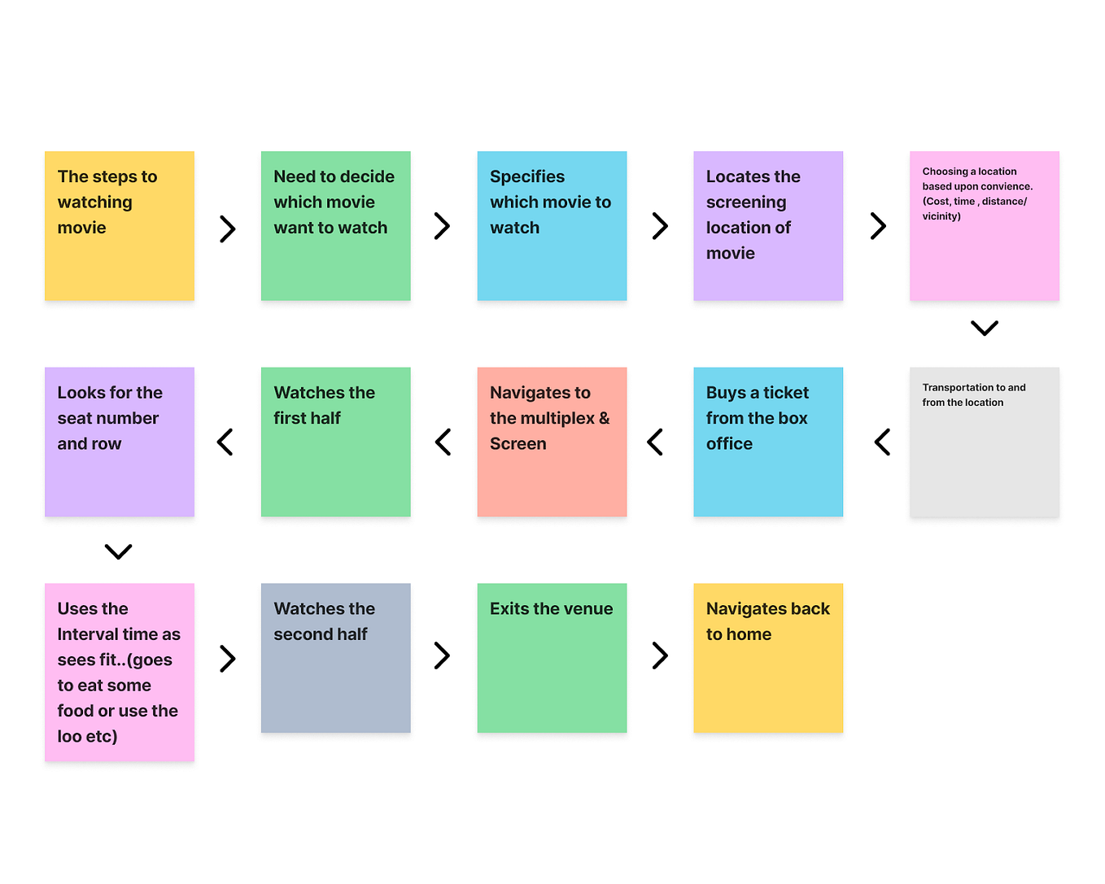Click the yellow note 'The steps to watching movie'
[x=120, y=226]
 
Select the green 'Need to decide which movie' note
[x=335, y=226]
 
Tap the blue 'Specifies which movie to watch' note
[x=552, y=226]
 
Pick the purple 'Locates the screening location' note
[x=768, y=226]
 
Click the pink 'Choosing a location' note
[x=985, y=226]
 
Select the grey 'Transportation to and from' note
[x=985, y=442]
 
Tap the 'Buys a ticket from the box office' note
[x=768, y=442]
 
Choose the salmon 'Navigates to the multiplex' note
[x=552, y=442]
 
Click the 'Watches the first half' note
[x=335, y=442]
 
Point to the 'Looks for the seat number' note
[x=120, y=442]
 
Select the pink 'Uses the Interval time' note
[x=120, y=673]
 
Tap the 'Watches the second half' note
[x=335, y=658]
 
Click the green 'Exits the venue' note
[x=552, y=658]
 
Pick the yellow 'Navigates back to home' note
[x=768, y=658]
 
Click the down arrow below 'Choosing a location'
[x=985, y=328]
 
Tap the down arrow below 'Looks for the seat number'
[x=119, y=551]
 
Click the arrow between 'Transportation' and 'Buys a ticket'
[x=882, y=442]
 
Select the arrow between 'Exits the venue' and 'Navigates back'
[x=660, y=655]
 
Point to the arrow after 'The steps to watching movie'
[x=228, y=229]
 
